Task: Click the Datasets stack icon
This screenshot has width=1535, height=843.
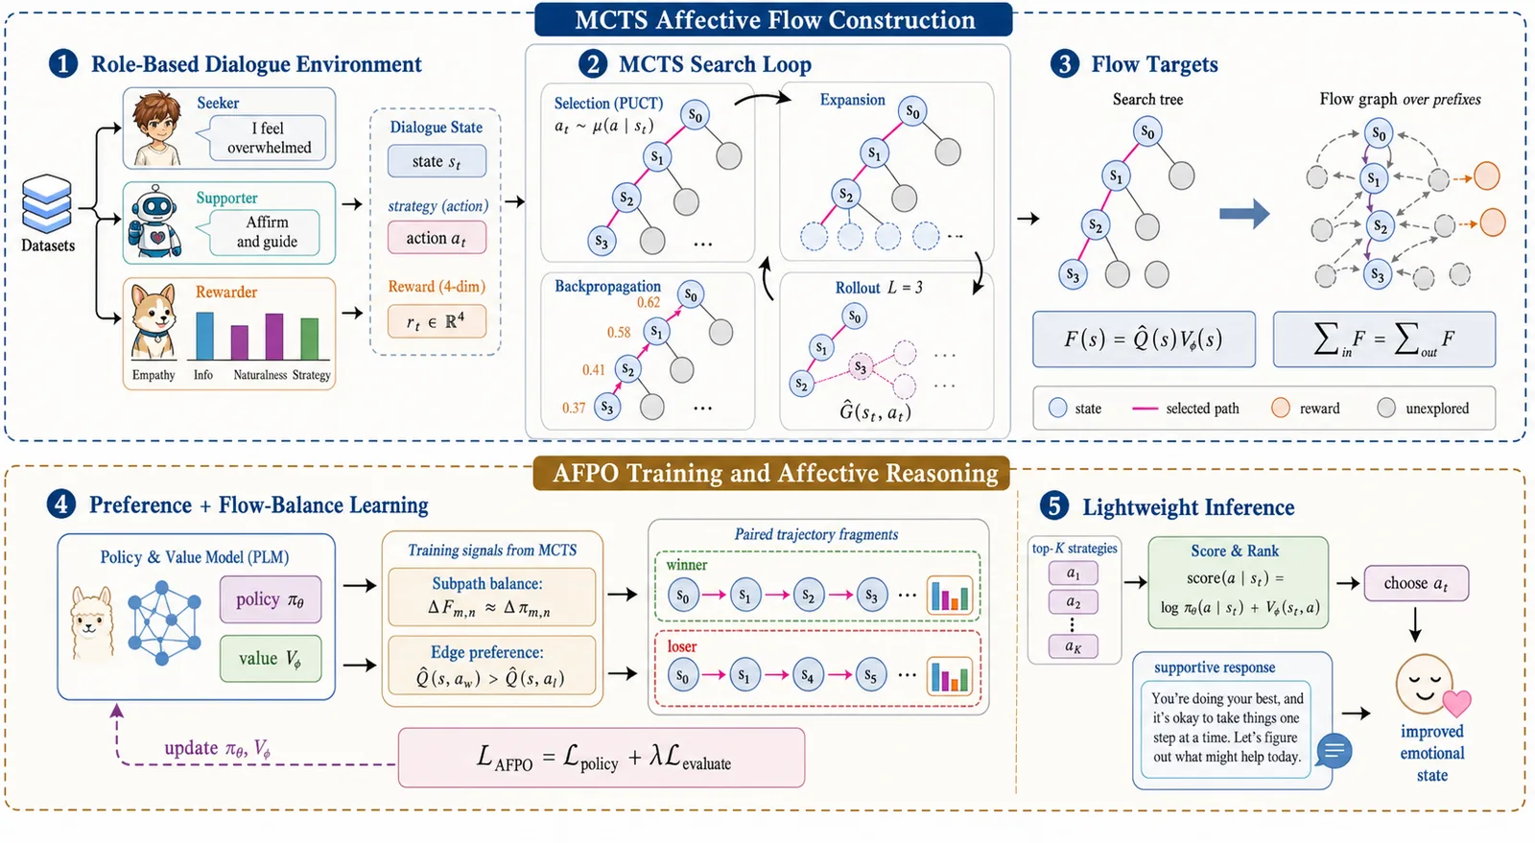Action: coord(47,203)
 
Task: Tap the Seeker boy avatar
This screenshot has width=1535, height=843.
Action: coord(158,129)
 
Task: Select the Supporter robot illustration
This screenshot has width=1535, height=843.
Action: coord(155,222)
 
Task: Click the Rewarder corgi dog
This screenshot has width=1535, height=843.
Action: coord(153,322)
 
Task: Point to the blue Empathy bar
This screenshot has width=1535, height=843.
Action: coord(205,336)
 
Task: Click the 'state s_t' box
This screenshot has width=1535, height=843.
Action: coord(437,162)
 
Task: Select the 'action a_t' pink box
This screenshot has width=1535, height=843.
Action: coord(437,238)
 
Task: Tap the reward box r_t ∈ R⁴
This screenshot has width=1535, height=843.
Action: coord(437,322)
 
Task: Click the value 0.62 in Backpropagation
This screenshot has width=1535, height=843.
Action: coord(649,303)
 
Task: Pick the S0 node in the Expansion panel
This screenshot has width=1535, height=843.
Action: coord(912,111)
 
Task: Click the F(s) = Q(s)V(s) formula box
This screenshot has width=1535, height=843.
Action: coord(1144,340)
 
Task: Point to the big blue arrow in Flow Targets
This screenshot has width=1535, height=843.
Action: coord(1243,214)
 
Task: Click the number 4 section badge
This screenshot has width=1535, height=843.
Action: coord(61,504)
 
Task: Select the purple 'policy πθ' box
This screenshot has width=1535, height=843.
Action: coord(271,600)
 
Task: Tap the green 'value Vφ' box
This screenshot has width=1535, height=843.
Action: coord(271,659)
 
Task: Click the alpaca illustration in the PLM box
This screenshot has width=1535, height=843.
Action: coord(92,624)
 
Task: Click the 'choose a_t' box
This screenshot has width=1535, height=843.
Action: coord(1416,583)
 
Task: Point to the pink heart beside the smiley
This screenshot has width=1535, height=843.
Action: coord(1457,703)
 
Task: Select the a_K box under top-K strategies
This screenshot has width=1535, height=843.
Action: coord(1074,646)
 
